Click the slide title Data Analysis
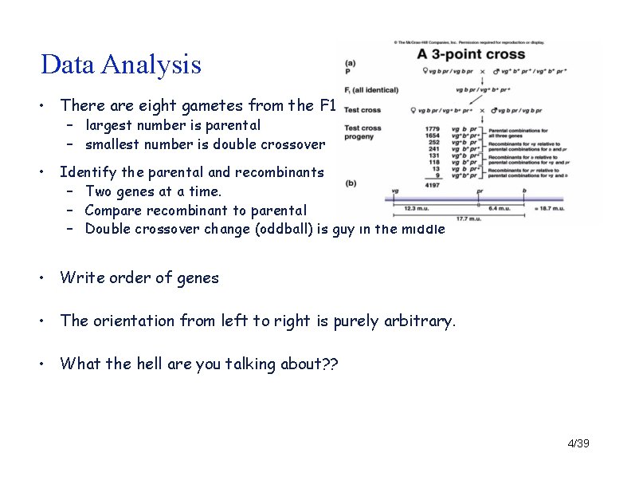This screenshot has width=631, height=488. (121, 65)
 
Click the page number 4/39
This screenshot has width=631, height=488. (578, 443)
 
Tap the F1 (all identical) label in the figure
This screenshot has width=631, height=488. (371, 89)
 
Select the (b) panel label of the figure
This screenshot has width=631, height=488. (351, 183)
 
